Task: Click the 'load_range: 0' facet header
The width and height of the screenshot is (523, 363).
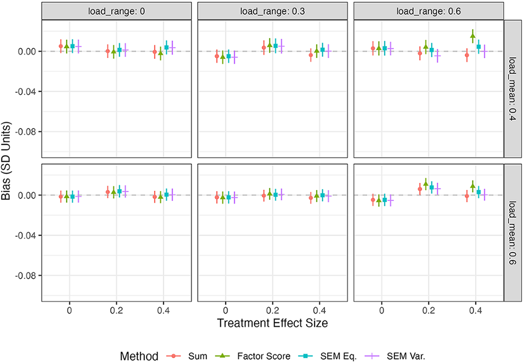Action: (116, 11)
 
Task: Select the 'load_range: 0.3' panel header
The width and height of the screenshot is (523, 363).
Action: (272, 11)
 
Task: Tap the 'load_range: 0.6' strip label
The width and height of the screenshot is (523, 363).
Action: (429, 11)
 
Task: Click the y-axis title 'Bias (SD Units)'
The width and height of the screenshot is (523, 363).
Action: (6, 161)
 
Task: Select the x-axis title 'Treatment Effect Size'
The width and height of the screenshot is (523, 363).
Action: (272, 323)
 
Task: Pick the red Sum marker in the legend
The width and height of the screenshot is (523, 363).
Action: (174, 356)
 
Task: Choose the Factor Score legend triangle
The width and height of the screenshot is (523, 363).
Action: (223, 356)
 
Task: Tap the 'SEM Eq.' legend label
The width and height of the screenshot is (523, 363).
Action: (339, 356)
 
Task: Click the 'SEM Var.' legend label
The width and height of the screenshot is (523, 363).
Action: (406, 356)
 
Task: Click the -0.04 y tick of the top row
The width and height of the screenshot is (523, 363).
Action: (25, 92)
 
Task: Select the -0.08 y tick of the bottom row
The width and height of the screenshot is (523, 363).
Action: (25, 276)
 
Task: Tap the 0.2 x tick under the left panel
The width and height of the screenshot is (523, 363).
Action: (116, 311)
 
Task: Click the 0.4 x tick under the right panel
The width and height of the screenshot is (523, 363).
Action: (476, 311)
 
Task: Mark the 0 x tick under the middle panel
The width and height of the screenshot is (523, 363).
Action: (225, 311)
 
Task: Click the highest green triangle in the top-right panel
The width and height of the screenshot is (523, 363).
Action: (472, 36)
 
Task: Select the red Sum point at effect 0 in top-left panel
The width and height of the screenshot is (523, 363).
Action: (61, 46)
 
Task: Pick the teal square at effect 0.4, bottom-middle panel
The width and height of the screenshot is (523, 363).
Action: (322, 195)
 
